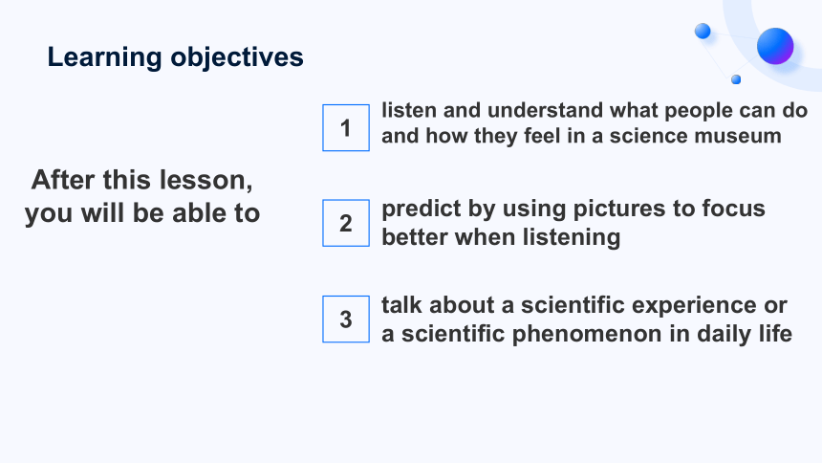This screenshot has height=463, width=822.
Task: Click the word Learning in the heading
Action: [x=104, y=57]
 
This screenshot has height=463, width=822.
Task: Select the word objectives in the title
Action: [x=237, y=57]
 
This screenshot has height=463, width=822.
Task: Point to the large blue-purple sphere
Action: [x=775, y=46]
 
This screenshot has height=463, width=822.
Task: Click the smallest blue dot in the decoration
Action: [x=736, y=79]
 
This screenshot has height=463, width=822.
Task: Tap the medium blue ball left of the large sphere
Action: [x=703, y=31]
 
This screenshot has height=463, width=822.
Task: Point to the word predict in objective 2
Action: [x=422, y=209]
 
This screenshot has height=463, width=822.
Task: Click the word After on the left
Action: [x=63, y=180]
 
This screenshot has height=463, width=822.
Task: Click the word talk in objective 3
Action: [x=401, y=305]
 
